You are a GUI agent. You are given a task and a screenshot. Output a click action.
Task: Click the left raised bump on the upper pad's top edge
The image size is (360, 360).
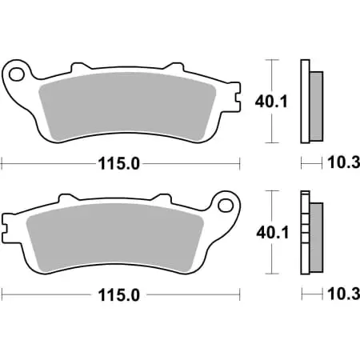click(78, 66)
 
